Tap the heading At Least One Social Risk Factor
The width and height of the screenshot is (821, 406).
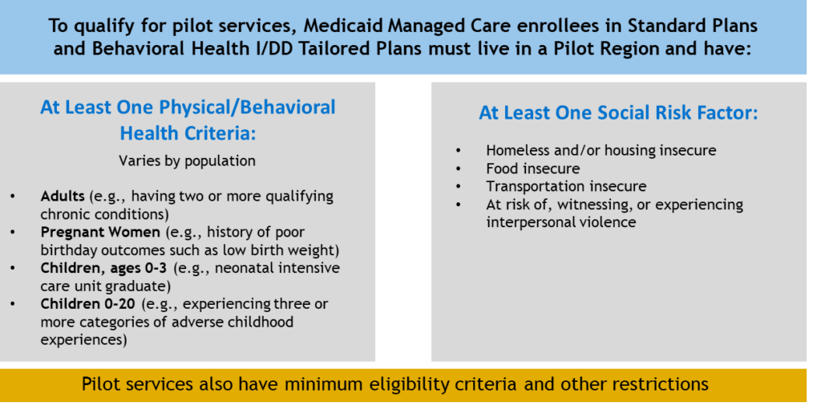coord(618,114)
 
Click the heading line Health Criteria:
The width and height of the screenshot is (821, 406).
coord(188,133)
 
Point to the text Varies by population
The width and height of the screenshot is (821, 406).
coord(187,160)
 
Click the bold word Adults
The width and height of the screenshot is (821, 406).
coord(63,197)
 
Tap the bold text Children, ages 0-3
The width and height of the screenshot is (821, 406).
coord(103,268)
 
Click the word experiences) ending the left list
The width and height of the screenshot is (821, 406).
coord(83,339)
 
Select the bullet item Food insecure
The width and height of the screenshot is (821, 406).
coord(533,168)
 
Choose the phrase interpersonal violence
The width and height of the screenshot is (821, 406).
coord(561,221)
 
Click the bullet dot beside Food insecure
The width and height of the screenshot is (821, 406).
coord(459,169)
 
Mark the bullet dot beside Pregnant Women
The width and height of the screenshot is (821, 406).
coord(13,233)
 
